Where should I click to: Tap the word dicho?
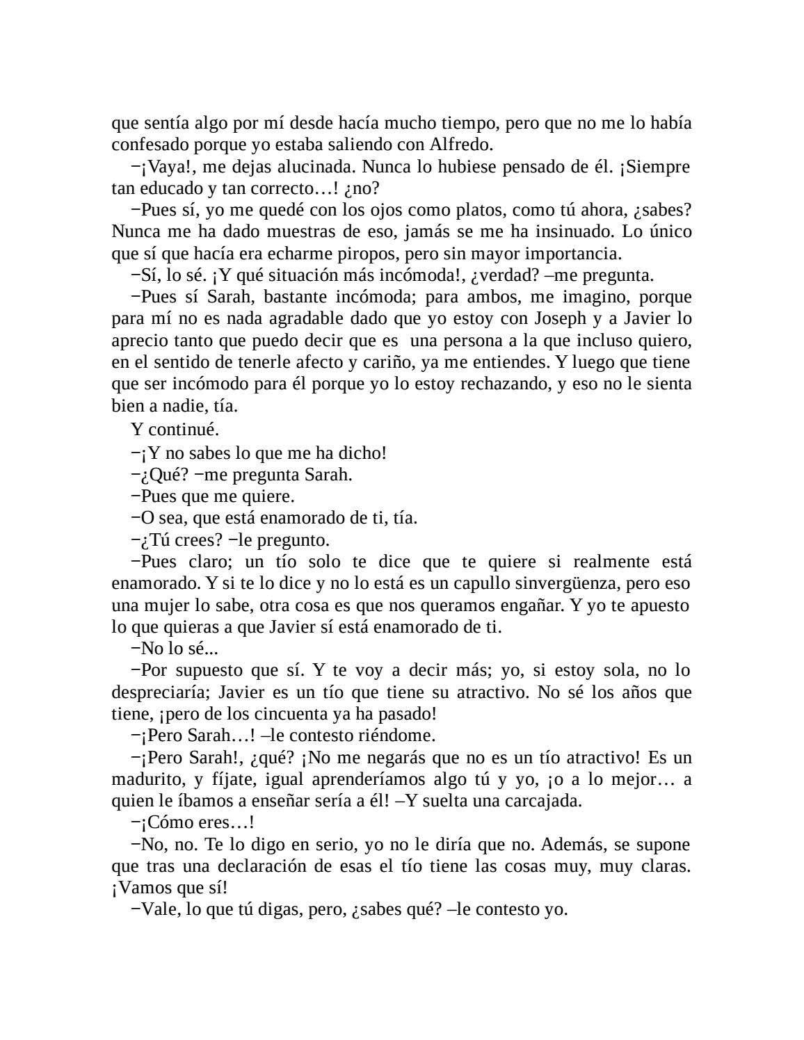click(362, 453)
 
